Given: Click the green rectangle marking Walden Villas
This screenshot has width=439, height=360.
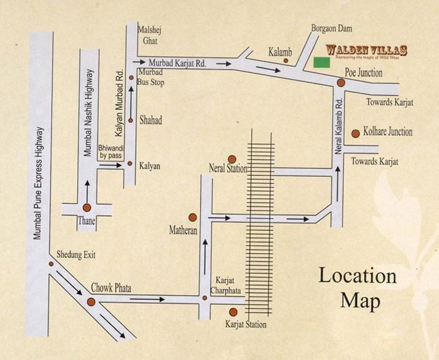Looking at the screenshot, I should point(321,63).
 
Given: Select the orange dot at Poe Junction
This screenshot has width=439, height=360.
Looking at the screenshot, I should point(341,82).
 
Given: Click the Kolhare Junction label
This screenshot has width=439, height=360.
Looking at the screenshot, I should point(387,132).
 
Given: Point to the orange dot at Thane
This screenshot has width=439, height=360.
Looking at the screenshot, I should point(86,208).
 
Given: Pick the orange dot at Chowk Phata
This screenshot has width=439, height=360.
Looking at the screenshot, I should point(91,302).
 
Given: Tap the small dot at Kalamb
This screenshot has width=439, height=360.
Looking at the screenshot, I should point(286,61).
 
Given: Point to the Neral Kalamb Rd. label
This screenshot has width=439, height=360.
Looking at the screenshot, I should point(340,120).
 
